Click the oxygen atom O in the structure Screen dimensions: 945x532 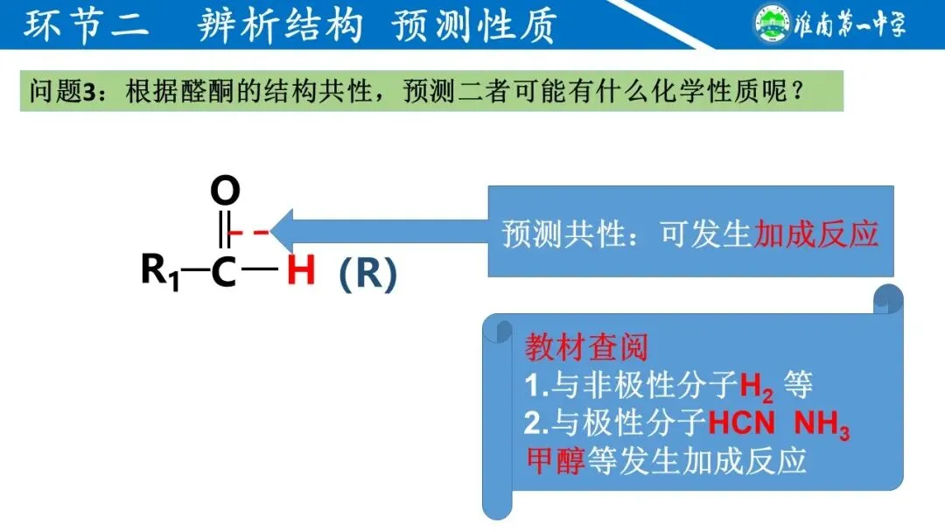[x=225, y=190]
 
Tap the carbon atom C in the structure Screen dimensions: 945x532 [x=224, y=271]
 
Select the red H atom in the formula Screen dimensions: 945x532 [x=300, y=271]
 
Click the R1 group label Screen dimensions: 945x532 [x=160, y=271]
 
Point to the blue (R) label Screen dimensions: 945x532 [x=367, y=274]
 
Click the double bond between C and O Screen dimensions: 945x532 [x=225, y=229]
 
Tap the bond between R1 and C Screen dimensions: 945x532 [x=195, y=270]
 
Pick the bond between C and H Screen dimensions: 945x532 [x=260, y=270]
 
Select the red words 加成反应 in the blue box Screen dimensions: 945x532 [x=815, y=234]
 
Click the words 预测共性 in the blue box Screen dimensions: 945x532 [x=564, y=234]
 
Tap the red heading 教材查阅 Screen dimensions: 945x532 [x=586, y=347]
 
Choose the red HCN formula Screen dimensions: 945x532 [x=741, y=424]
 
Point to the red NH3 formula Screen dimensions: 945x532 [x=822, y=425]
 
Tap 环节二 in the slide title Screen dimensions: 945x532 [x=87, y=25]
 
